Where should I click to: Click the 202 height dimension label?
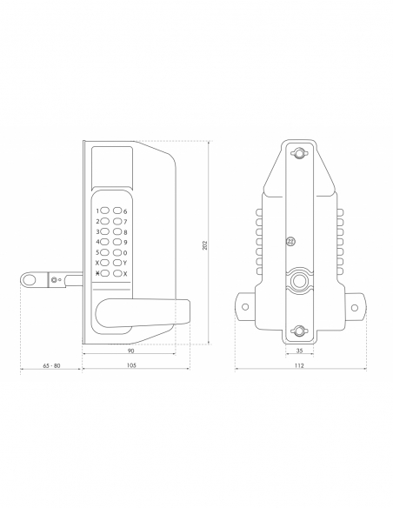pos(204,245)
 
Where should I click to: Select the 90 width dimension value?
pos(130,351)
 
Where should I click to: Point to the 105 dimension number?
pos(131,365)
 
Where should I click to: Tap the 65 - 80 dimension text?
pos(52,365)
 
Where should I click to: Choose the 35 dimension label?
pos(299,351)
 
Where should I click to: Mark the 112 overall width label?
pos(299,365)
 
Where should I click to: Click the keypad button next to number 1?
pos(105,211)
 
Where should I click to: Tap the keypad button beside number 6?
pos(117,211)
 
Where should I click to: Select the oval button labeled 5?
pos(105,252)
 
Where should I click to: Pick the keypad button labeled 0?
pos(117,252)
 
